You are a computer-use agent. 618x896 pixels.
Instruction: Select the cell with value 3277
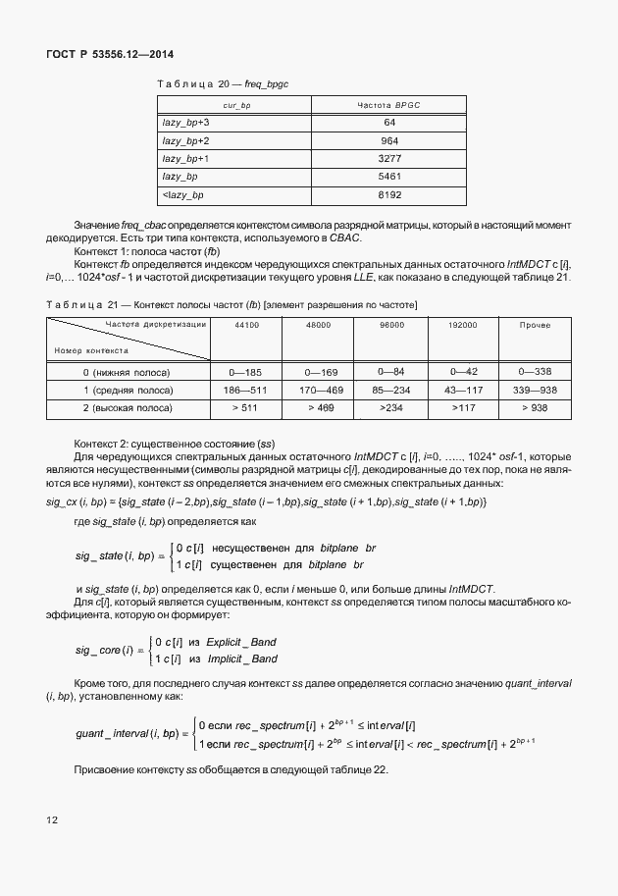point(389,158)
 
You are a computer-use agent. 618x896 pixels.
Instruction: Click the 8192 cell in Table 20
point(389,195)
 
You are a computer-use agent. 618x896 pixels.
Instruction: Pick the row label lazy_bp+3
point(185,123)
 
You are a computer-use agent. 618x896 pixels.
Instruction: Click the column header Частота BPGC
point(389,104)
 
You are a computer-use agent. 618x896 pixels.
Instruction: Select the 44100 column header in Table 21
point(247,324)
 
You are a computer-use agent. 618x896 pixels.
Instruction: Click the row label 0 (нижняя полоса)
point(127,373)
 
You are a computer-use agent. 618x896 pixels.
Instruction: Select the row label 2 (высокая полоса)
point(127,406)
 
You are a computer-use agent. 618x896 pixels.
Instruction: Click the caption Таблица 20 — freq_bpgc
point(222,85)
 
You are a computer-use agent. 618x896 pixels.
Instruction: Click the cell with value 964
point(389,140)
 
